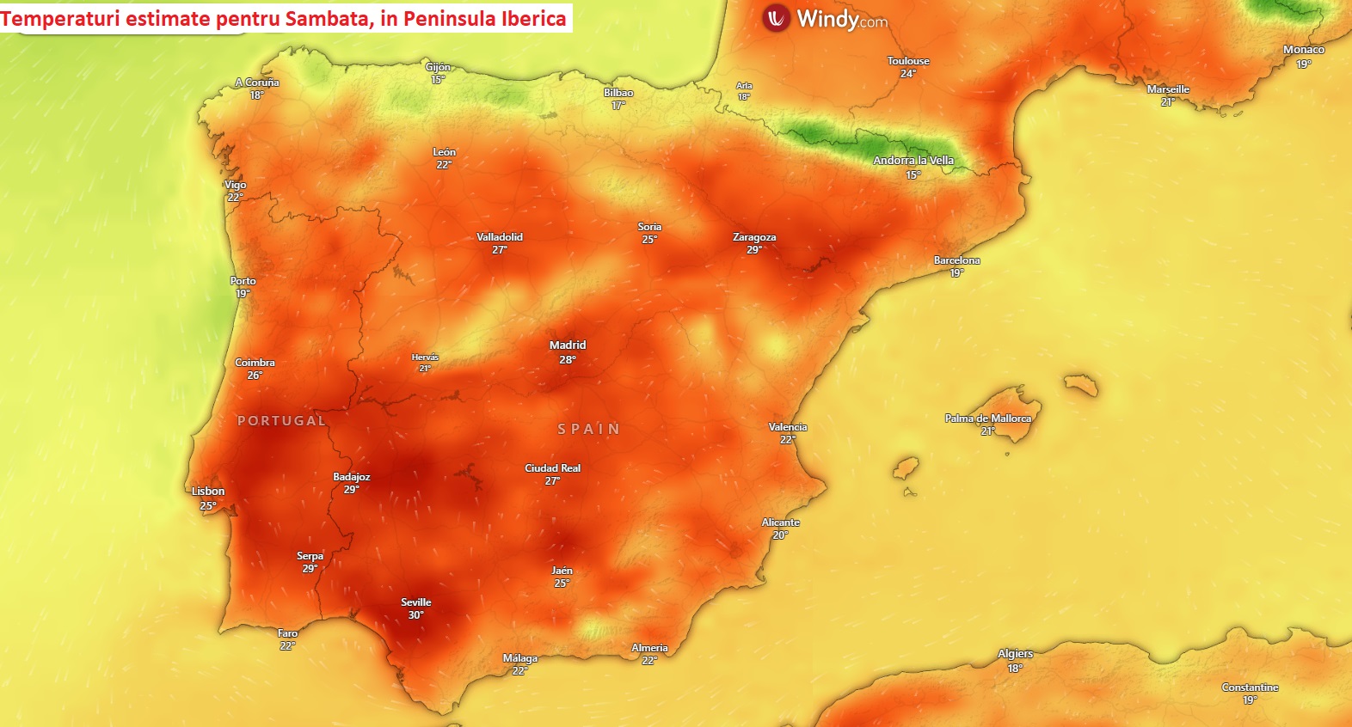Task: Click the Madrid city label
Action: [568, 345]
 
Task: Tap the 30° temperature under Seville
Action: [415, 615]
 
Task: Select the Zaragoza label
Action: [754, 237]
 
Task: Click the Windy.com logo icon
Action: [777, 18]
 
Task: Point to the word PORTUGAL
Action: [282, 421]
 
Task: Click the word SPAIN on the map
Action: [589, 429]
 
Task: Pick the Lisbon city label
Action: [208, 492]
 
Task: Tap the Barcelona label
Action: [956, 260]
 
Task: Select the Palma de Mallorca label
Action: [987, 418]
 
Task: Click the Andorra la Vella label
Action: [913, 161]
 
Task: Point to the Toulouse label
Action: [908, 61]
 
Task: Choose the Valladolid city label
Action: [500, 237]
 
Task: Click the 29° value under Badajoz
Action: [351, 490]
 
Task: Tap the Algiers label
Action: [1015, 654]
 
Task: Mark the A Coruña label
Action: [257, 82]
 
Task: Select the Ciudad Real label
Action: [552, 468]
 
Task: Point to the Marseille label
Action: [1168, 89]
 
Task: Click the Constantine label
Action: [1250, 687]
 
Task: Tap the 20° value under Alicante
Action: [780, 535]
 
